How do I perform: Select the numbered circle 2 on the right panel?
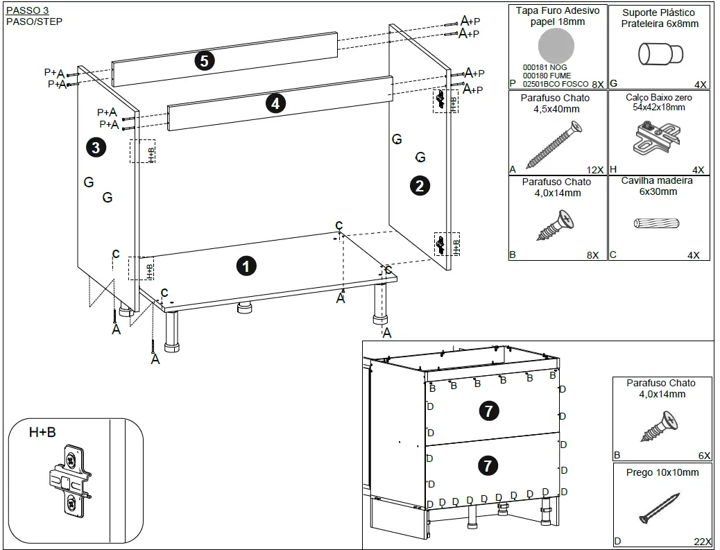(x=420, y=186)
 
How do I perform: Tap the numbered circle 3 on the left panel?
(x=96, y=147)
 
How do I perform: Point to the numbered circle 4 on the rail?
(x=275, y=103)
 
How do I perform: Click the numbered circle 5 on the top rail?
(x=203, y=61)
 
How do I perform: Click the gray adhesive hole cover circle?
(x=556, y=48)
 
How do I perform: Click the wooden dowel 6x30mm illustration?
(x=658, y=223)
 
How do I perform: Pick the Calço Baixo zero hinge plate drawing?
(x=655, y=138)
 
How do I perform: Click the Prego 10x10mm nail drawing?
(x=660, y=508)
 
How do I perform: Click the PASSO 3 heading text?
(x=28, y=10)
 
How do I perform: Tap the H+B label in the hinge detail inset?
(x=42, y=432)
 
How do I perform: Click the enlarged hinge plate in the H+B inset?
(x=70, y=480)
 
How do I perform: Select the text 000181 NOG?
(x=545, y=67)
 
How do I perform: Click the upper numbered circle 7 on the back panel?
(x=489, y=411)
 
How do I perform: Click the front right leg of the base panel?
(x=380, y=303)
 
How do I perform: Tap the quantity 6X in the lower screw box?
(x=703, y=456)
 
